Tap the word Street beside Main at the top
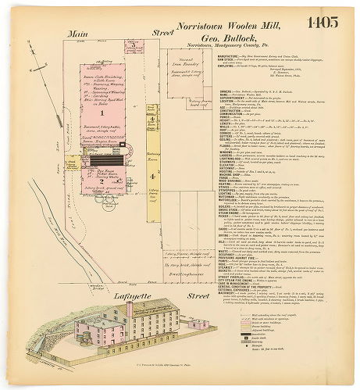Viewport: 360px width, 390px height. (x=163, y=34)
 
